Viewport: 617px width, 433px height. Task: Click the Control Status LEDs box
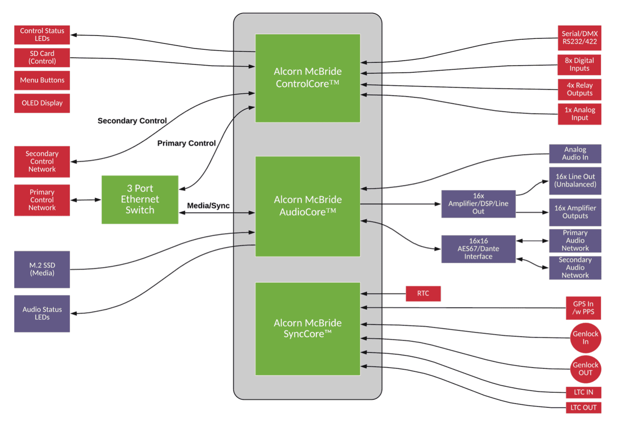[x=42, y=35]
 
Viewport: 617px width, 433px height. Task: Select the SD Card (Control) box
[x=42, y=57]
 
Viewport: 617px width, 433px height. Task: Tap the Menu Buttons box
[x=42, y=80]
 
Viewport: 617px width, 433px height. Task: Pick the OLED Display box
[x=42, y=103]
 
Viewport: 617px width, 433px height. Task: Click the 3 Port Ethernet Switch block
[x=140, y=200]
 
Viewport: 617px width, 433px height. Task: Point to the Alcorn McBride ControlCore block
[x=307, y=78]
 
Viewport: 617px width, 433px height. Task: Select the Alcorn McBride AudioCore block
[x=307, y=206]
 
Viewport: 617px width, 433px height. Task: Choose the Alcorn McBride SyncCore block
[x=307, y=329]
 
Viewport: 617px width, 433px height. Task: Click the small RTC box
[x=423, y=294]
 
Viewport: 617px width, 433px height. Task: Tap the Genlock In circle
[x=585, y=338]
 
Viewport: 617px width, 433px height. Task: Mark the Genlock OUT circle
[x=585, y=369]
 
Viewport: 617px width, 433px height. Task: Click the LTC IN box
[x=583, y=392]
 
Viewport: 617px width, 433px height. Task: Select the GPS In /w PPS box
[x=583, y=308]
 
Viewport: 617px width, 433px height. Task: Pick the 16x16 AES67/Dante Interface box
[x=478, y=249]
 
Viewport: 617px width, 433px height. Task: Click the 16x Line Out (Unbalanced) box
[x=575, y=181]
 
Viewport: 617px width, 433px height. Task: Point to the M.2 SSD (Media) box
[x=42, y=269]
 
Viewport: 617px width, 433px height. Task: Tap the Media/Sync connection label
[x=208, y=206]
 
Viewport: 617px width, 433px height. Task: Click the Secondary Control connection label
[x=132, y=121]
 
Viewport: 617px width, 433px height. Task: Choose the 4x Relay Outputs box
[x=579, y=90]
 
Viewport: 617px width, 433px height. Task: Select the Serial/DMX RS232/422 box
[x=579, y=38]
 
